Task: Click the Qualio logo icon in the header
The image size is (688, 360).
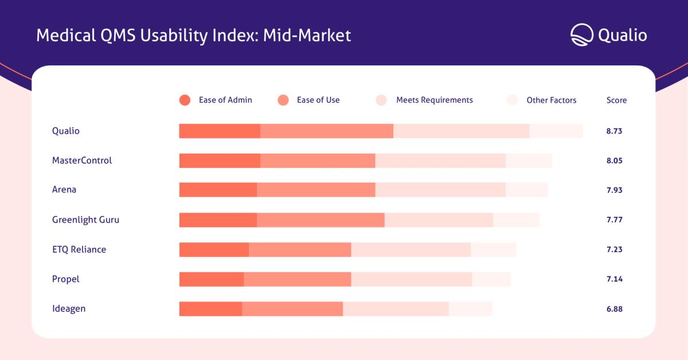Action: tap(582, 35)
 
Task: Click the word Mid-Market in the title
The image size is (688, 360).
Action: tap(307, 36)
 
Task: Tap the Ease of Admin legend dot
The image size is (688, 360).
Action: tap(185, 100)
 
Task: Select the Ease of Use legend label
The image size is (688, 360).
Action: tap(318, 100)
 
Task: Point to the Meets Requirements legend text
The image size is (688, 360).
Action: tap(435, 100)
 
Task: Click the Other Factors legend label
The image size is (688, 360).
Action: tap(552, 100)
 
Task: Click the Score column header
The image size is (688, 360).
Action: tap(616, 100)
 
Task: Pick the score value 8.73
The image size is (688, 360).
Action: tap(614, 131)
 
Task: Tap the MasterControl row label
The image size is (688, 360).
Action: tap(82, 161)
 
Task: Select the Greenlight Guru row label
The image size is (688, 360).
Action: tap(85, 220)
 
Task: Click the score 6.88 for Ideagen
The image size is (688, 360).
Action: tap(615, 309)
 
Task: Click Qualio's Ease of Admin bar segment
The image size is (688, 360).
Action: tap(220, 131)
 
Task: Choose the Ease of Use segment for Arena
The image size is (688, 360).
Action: tap(316, 190)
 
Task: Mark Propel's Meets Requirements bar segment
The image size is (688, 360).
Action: tap(412, 279)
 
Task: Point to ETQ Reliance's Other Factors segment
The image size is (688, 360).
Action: tap(493, 250)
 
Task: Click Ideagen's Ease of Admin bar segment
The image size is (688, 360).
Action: tap(211, 309)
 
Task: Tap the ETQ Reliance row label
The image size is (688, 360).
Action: tap(79, 249)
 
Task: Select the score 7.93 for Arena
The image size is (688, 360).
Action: tap(615, 190)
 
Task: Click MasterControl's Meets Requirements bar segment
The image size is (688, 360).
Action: tap(440, 161)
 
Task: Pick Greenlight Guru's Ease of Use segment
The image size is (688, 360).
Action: tap(320, 220)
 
